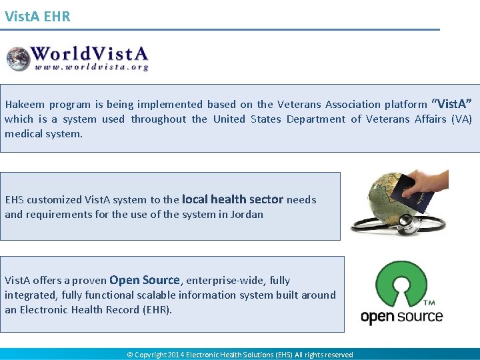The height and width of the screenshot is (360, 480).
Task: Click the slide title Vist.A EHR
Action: click(x=37, y=17)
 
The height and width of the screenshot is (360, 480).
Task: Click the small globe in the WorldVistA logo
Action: click(x=19, y=58)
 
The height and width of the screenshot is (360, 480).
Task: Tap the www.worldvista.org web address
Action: click(x=91, y=67)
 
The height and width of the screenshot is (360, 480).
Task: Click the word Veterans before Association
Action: click(x=299, y=104)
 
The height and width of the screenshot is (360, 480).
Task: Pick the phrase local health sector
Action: click(x=232, y=199)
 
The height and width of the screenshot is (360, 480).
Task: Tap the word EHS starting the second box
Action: click(x=14, y=199)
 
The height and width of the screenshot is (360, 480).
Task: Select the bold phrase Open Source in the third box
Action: click(x=144, y=280)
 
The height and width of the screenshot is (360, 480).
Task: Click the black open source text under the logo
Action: click(x=401, y=316)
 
